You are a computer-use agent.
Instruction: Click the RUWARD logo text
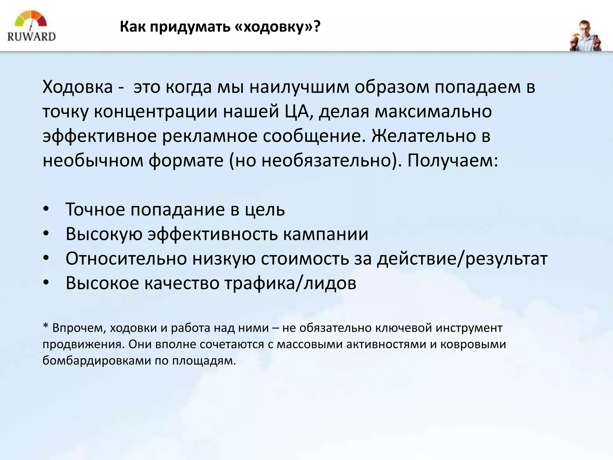(x=31, y=37)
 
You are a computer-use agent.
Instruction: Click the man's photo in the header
(x=585, y=36)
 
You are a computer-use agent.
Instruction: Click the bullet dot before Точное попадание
(x=45, y=209)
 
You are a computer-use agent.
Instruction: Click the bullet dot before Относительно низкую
(x=45, y=258)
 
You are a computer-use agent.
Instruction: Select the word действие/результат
(x=462, y=258)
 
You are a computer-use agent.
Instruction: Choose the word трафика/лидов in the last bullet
(x=290, y=283)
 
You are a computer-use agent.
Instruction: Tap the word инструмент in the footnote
(x=469, y=328)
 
